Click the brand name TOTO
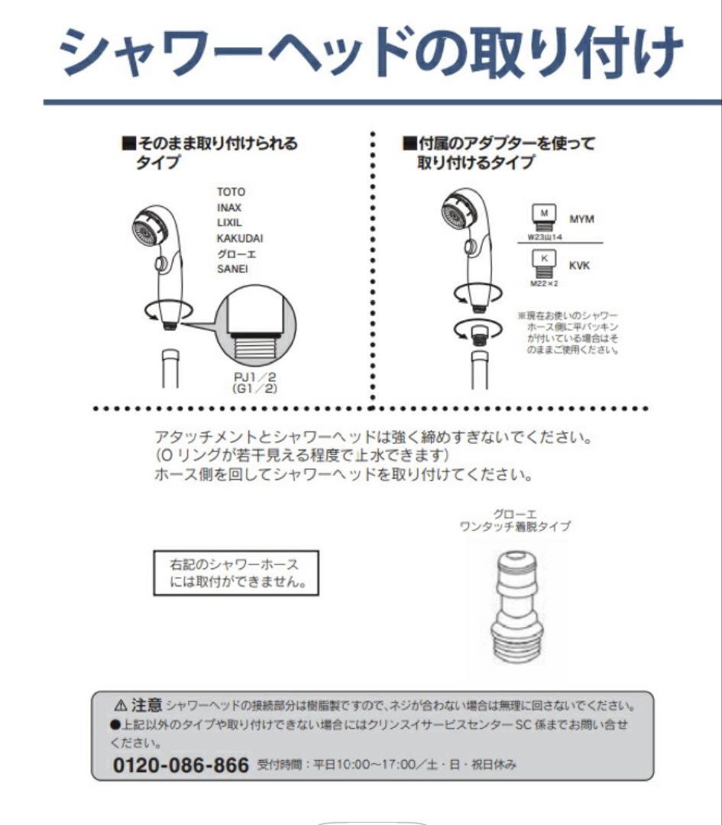pos(231,192)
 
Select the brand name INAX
pos(230,207)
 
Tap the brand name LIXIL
pos(229,222)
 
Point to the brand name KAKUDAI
pos(240,238)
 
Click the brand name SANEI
pos(232,269)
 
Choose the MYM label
pos(581,219)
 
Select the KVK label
pos(579,265)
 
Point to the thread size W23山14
pos(545,238)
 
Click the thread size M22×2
pos(544,283)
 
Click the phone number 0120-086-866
pos(181,765)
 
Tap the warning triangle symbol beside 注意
pos(120,704)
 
